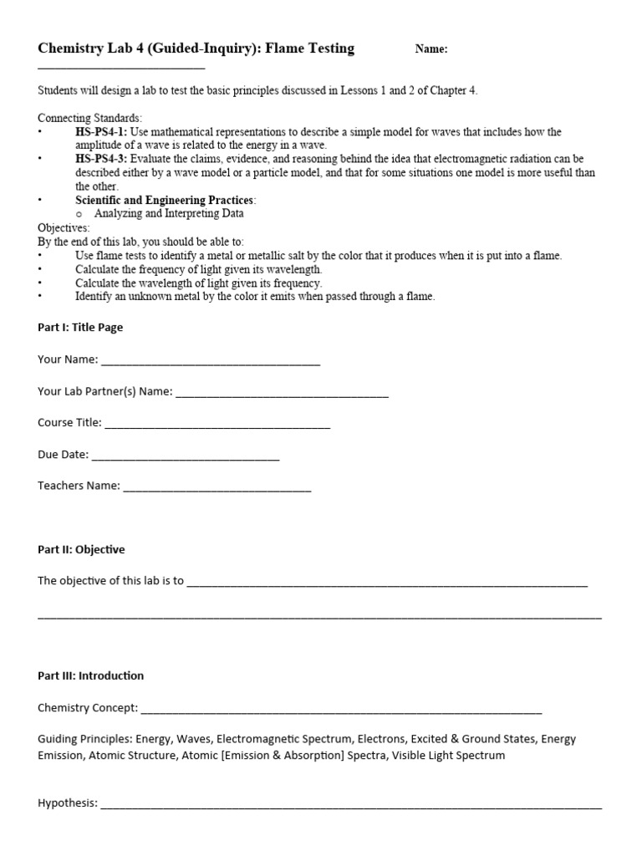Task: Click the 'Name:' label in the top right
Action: (x=431, y=49)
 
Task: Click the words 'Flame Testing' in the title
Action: (x=309, y=48)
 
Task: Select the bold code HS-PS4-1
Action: (x=101, y=132)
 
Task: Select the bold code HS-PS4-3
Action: (x=101, y=158)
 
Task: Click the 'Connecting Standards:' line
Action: (x=90, y=118)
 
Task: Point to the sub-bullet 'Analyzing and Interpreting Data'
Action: (x=169, y=213)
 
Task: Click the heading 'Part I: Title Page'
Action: (x=80, y=328)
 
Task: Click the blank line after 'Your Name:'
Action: (x=210, y=360)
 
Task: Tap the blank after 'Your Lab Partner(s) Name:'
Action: (x=282, y=392)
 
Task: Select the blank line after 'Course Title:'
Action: (x=217, y=423)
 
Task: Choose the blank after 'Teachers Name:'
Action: (x=217, y=486)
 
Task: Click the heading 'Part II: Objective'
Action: (x=81, y=549)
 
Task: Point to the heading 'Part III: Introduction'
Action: (x=90, y=675)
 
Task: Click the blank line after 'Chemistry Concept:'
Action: (x=341, y=708)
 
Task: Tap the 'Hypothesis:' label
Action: (x=68, y=803)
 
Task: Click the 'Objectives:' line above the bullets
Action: (x=64, y=227)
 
